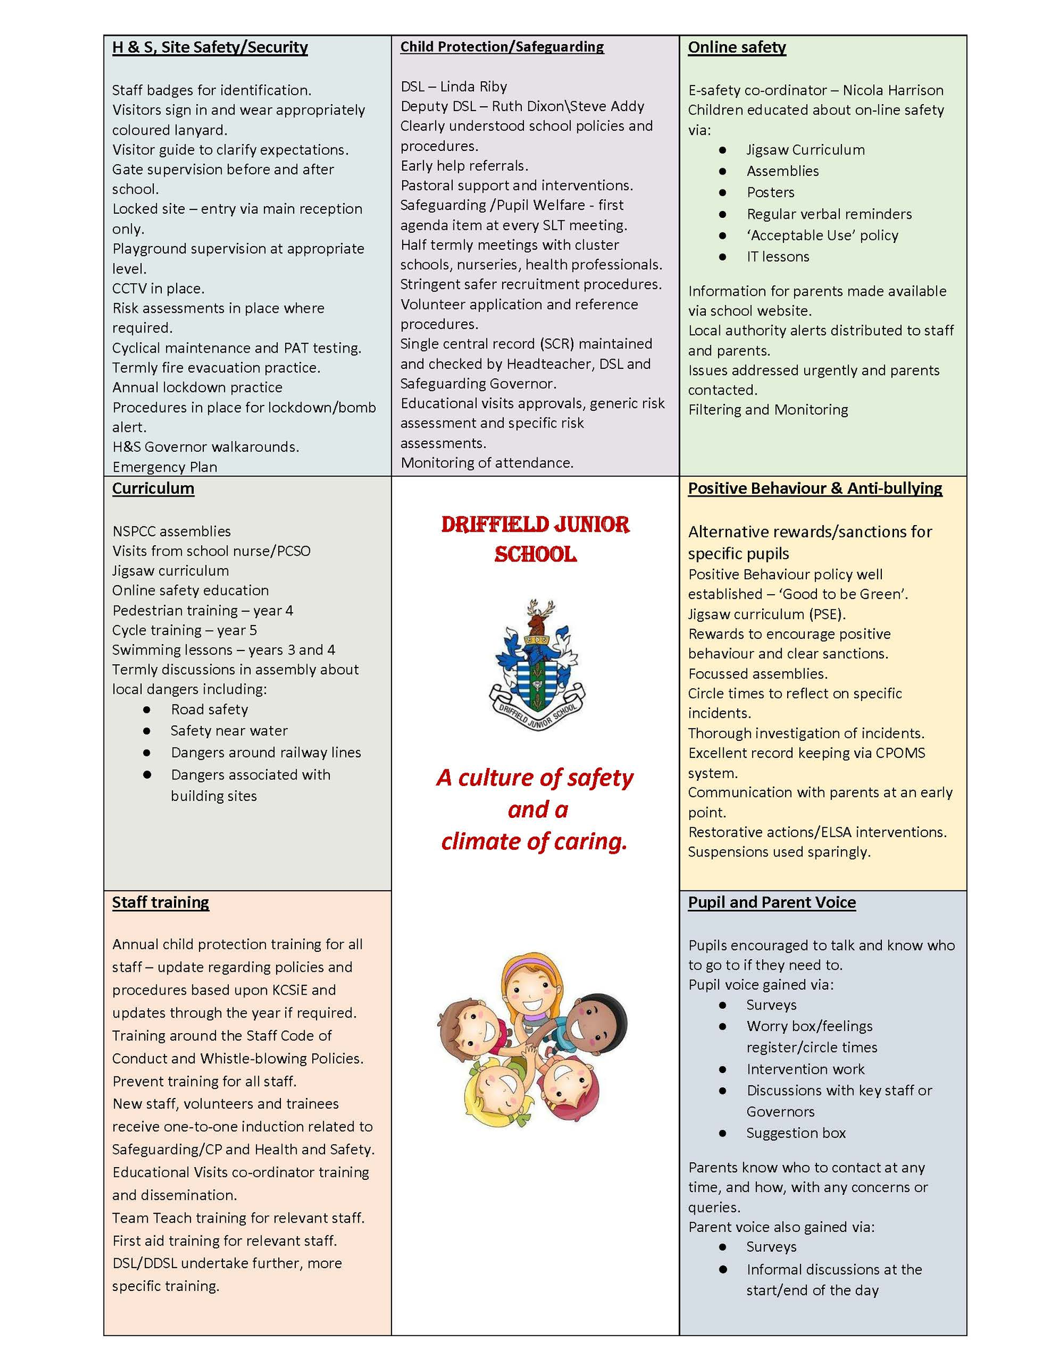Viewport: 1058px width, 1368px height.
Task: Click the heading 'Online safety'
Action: tap(736, 48)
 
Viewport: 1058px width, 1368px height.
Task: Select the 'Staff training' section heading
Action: tap(160, 902)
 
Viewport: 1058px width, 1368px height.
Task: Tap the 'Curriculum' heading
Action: tap(153, 488)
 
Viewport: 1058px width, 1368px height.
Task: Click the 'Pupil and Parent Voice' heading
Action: tap(771, 902)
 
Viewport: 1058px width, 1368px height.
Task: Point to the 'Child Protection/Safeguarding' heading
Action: tap(501, 47)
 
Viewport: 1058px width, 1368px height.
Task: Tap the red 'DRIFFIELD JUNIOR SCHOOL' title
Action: tap(535, 539)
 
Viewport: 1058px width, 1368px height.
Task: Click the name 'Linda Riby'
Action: tap(473, 87)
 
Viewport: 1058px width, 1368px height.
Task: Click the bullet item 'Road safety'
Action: tap(209, 710)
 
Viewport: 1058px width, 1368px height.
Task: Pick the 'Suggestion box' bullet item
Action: tap(796, 1133)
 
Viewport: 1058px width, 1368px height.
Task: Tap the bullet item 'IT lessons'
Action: tap(778, 256)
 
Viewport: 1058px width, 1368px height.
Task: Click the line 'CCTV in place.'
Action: tap(158, 289)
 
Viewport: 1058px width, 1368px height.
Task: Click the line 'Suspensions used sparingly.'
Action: tap(779, 852)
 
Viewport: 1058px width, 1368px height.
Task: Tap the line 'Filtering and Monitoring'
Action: tap(768, 410)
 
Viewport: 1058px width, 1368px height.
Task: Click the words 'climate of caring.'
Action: tap(534, 841)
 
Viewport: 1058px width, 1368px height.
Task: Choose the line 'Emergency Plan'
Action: tap(165, 467)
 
